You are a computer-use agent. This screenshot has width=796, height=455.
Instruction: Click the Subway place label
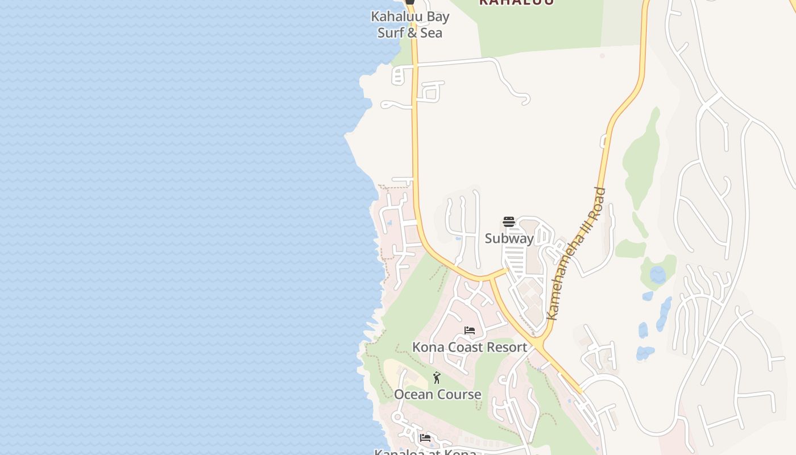[509, 238]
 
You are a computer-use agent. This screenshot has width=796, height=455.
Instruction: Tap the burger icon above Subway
[509, 222]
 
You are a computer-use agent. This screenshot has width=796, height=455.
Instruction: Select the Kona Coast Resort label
[470, 347]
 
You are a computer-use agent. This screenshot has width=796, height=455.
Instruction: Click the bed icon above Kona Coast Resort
[470, 330]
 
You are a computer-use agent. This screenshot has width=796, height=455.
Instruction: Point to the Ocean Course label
[437, 394]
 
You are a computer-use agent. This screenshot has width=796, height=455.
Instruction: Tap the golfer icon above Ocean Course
[437, 378]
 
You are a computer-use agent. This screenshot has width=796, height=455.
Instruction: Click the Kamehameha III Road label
[575, 254]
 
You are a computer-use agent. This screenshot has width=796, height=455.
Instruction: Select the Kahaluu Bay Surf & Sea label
[410, 24]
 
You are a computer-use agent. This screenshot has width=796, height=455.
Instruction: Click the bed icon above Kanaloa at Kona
[425, 438]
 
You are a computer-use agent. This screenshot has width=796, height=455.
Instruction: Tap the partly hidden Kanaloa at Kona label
[425, 452]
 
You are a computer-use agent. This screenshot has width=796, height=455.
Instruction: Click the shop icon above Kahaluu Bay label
[409, 2]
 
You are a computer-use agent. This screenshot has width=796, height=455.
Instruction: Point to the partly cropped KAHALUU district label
[516, 2]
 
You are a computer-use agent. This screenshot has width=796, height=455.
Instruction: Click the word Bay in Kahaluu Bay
[437, 17]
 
